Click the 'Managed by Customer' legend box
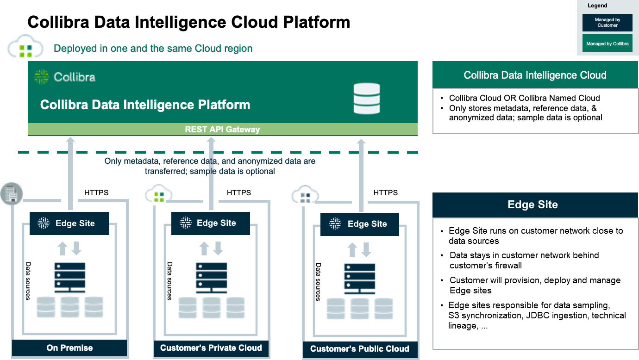607,23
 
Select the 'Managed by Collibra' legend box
607,43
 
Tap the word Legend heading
597,6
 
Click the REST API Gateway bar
222,130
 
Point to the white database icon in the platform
366,99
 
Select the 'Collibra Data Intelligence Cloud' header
535,75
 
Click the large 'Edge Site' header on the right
532,205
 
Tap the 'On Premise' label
69,348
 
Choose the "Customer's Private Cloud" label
211,348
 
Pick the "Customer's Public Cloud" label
359,349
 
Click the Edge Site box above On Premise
69,223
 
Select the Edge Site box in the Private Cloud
210,223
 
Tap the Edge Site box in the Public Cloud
359,224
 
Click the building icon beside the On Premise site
11,193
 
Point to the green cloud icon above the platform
25,47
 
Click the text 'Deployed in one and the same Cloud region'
153,49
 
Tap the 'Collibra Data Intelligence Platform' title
145,105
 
